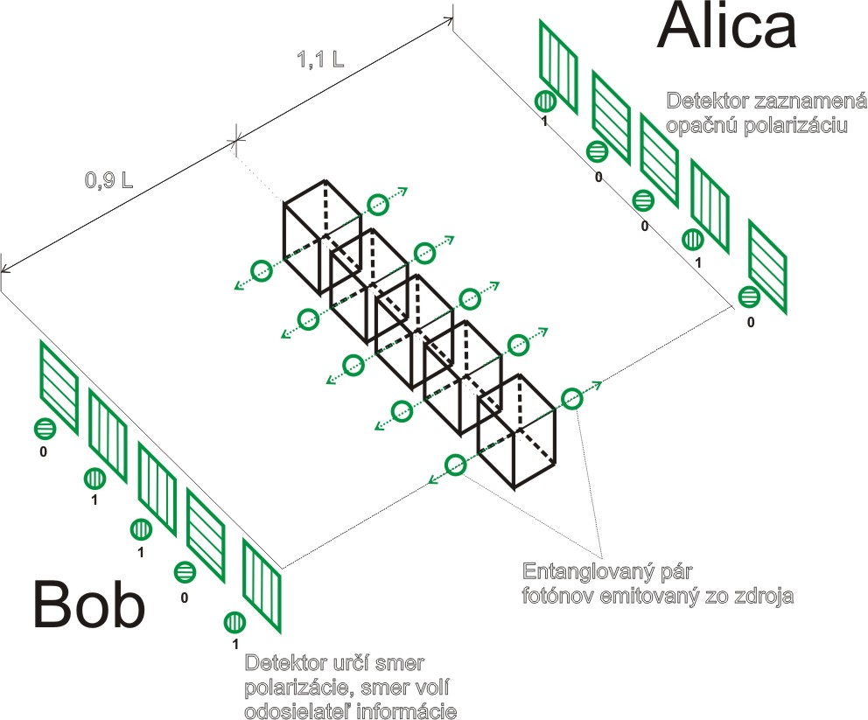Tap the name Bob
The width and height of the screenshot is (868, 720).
coord(88,606)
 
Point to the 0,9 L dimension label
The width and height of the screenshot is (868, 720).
coord(108,181)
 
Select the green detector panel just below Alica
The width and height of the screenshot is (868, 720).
coord(558,68)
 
